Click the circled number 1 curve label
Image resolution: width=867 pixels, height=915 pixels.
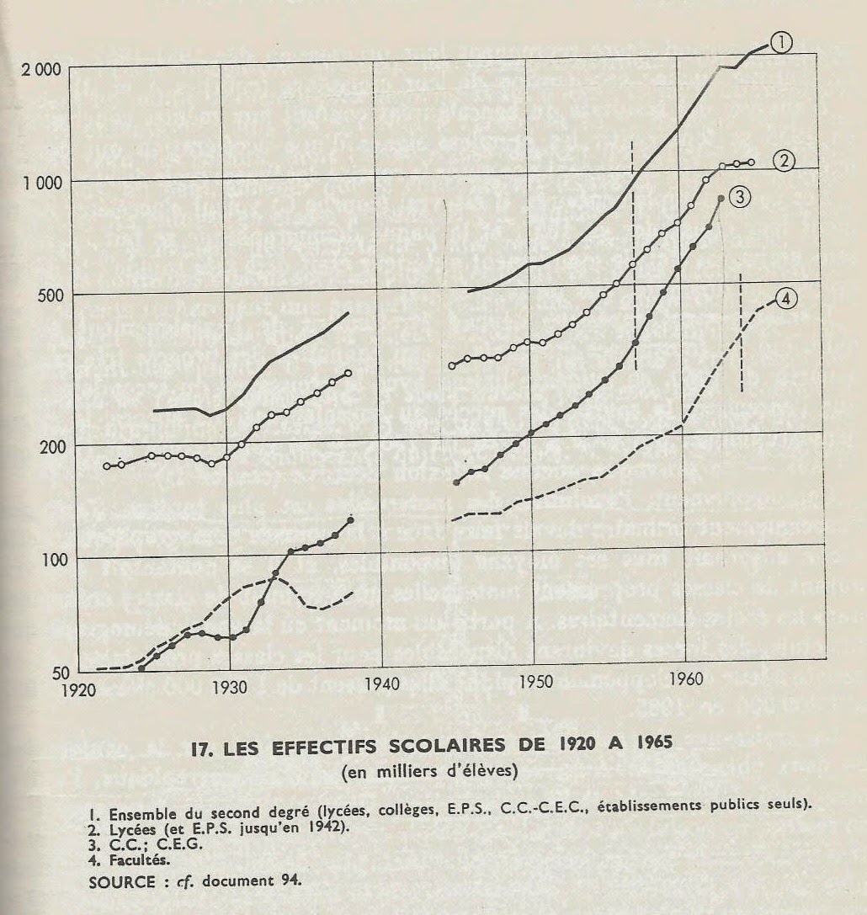pos(780,42)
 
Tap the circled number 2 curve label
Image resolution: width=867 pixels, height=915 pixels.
pos(784,160)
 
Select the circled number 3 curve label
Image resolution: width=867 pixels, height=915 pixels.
pos(739,197)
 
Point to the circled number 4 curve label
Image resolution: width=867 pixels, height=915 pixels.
pos(786,299)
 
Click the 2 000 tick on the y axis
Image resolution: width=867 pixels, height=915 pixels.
pos(41,69)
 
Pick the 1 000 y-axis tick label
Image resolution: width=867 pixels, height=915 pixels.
pos(41,183)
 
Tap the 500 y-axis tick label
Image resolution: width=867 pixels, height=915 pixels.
pos(50,294)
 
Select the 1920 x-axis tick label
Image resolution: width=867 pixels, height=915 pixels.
pos(78,689)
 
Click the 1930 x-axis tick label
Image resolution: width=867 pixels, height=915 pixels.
pos(230,688)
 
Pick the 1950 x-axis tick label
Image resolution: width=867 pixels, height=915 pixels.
pos(535,681)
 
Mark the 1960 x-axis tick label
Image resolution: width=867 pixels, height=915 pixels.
pos(686,678)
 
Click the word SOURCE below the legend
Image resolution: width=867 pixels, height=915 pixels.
pos(121,881)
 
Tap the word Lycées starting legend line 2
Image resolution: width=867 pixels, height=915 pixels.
pos(132,829)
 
